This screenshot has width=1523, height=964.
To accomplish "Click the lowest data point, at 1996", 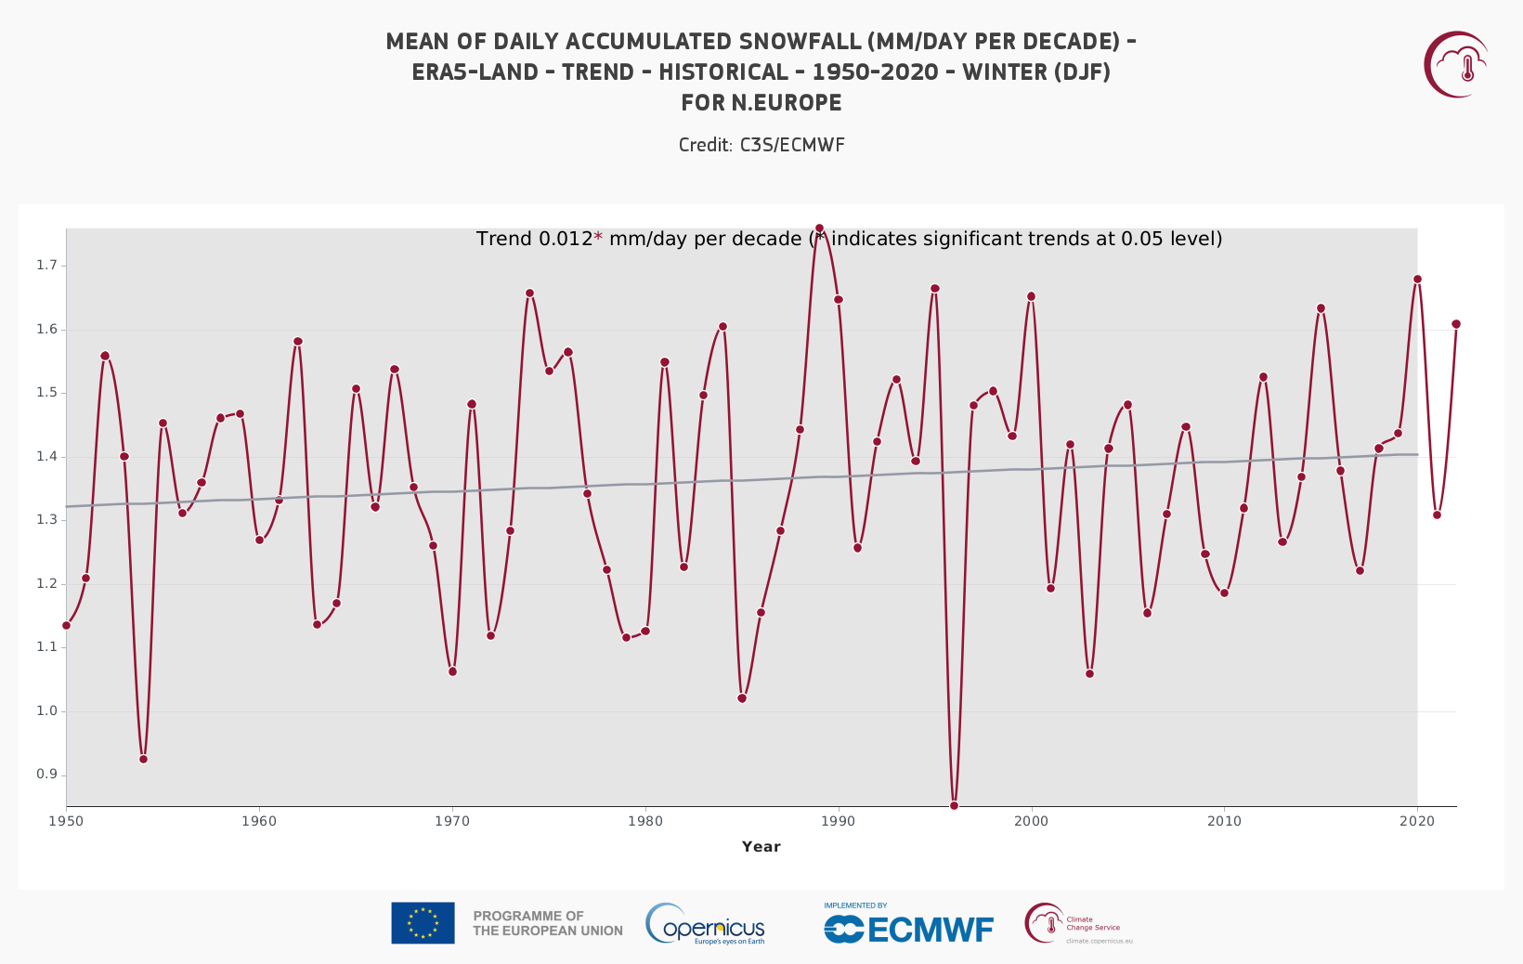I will point(954,805).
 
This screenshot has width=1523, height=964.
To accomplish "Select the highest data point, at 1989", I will point(819,228).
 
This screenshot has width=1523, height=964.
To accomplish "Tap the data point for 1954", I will point(143,759).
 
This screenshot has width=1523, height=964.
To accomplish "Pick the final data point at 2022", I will point(1455,324).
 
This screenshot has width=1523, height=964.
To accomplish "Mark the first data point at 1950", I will point(66,625).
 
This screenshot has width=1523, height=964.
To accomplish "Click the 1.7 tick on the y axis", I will point(46,266).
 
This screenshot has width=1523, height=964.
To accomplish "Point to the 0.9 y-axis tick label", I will point(46,775).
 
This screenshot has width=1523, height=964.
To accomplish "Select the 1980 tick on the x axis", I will point(644,821).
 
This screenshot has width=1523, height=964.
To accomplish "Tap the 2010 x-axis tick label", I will point(1224,821).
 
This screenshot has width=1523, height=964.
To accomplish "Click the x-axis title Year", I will point(761,846).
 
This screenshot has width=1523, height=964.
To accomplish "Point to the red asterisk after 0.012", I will point(598,238).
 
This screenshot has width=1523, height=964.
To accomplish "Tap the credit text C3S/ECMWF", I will point(791,145).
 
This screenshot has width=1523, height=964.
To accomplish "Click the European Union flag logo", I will point(423,923).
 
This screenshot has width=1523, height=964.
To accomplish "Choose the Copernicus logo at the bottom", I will point(706,924).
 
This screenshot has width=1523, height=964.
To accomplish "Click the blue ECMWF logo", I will point(908,927).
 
